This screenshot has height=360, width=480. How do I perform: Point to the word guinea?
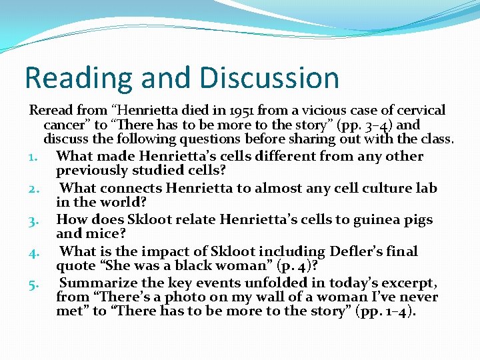(x=371, y=219)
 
